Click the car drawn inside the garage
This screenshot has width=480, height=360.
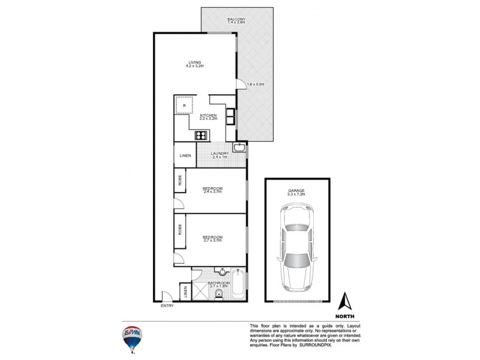pyautogui.click(x=297, y=248)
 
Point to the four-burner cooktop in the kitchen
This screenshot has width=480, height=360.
pyautogui.click(x=200, y=135)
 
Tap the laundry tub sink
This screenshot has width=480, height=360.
pyautogui.click(x=239, y=148)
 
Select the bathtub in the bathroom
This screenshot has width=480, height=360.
pyautogui.click(x=238, y=285)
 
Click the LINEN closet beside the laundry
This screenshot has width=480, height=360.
pyautogui.click(x=185, y=156)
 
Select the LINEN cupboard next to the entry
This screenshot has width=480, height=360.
pyautogui.click(x=185, y=292)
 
